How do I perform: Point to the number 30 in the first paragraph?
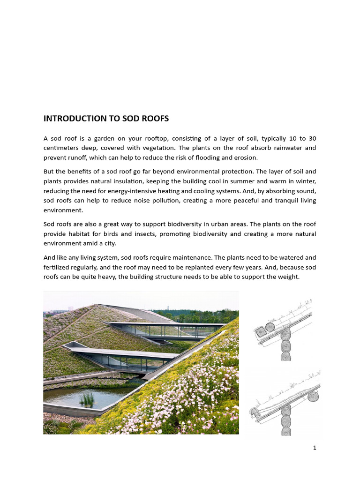coord(312,139)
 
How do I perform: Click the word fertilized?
coord(58,267)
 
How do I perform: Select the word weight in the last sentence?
coord(287,277)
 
